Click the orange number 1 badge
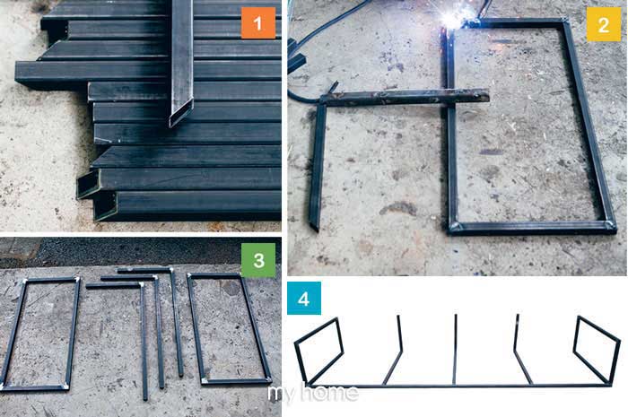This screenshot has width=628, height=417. tap(258, 22)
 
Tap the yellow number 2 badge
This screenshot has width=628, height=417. tap(603, 24)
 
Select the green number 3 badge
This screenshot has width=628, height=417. tap(258, 260)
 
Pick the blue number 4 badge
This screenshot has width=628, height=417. tap(304, 298)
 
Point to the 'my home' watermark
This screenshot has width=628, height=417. tap(313, 394)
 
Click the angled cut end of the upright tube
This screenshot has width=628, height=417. tap(181, 113)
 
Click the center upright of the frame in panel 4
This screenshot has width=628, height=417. tap(455, 350)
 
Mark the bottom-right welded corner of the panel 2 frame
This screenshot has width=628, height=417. tap(609, 227)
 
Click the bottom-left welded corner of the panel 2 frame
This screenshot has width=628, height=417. tap(455, 228)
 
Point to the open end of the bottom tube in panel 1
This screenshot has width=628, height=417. tap(105, 205)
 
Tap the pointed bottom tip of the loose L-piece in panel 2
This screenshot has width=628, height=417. tap(315, 228)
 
